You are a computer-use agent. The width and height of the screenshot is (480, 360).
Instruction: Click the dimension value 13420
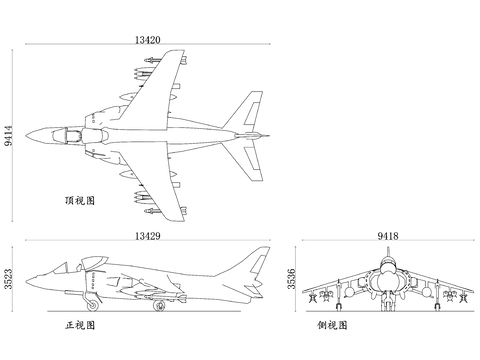(146, 41)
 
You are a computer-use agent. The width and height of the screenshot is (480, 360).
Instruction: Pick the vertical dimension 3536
(291, 279)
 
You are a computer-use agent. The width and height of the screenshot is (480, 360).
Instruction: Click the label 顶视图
(79, 201)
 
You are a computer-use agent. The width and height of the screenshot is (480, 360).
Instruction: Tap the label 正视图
(79, 326)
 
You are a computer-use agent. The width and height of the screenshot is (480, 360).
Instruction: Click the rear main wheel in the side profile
(158, 306)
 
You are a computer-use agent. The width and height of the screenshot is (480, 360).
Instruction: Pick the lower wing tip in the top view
(184, 212)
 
